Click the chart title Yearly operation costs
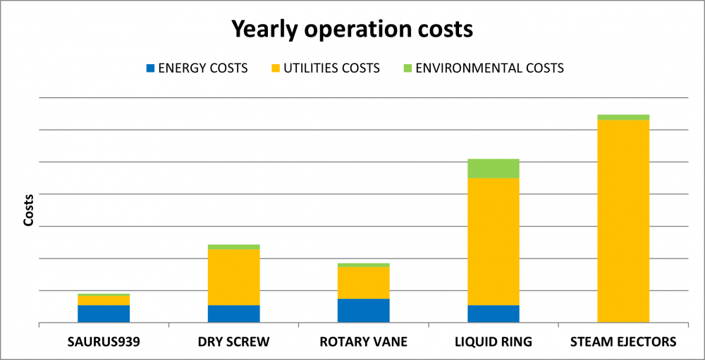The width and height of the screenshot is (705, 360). (352, 29)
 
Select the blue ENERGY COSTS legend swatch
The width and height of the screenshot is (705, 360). (150, 68)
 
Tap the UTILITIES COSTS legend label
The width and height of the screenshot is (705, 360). (332, 68)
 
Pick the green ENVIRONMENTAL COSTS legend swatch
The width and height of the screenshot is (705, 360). (407, 68)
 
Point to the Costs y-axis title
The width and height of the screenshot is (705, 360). (29, 211)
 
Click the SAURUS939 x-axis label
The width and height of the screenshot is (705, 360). (104, 342)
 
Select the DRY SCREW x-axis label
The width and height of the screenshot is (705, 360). (234, 342)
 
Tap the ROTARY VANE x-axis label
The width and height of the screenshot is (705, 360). (363, 342)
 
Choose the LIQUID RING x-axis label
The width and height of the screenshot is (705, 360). (493, 342)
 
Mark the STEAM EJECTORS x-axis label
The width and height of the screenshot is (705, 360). (623, 342)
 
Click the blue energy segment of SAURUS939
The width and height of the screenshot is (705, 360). (104, 314)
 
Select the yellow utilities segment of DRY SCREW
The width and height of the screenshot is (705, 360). (234, 278)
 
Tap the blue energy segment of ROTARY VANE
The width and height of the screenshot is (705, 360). (363, 311)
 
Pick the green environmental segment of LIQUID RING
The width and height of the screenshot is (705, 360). (493, 168)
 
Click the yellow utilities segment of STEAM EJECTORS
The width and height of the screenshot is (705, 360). (623, 221)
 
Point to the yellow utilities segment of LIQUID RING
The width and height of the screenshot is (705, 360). (493, 242)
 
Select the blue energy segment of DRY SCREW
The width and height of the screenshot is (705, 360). (234, 314)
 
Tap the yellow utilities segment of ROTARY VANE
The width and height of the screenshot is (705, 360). (363, 283)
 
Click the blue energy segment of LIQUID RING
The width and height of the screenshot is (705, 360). (493, 314)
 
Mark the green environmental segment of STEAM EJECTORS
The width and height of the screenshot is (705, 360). (623, 118)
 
